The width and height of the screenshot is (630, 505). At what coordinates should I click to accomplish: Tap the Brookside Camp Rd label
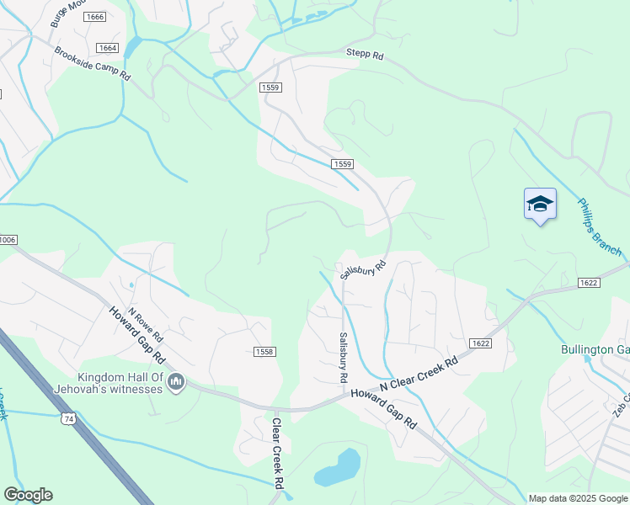click(x=93, y=64)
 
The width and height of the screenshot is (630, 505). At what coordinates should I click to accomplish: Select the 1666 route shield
click(x=95, y=17)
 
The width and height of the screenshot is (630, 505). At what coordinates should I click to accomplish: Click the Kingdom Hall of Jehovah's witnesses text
click(x=122, y=383)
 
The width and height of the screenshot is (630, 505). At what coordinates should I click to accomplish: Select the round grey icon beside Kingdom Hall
click(x=176, y=384)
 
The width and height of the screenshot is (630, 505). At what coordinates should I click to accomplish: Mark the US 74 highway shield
click(x=67, y=417)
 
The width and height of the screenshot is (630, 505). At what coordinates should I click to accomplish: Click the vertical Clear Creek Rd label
click(x=275, y=455)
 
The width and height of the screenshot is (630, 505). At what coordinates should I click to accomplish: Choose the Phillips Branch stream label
click(x=599, y=227)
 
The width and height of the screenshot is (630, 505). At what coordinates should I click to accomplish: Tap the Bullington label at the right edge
click(x=595, y=349)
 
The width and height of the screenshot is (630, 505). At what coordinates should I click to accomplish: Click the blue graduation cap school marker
click(x=540, y=205)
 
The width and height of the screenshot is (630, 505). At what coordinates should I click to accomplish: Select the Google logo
click(x=28, y=495)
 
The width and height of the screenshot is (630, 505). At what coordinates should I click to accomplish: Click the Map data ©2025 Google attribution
click(x=578, y=498)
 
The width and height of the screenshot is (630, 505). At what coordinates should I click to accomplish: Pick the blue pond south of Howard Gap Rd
click(x=339, y=468)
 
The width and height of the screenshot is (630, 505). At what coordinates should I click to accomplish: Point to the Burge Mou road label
click(x=67, y=13)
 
